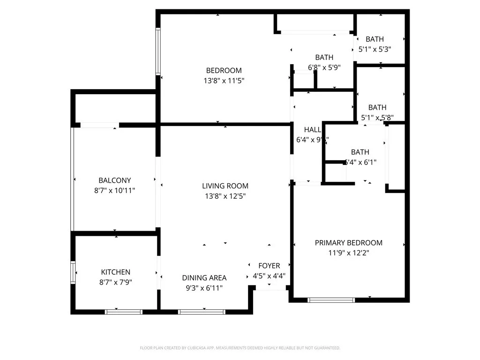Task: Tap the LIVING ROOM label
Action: point(225,186)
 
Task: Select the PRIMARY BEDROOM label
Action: point(348,243)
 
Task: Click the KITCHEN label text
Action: point(116,272)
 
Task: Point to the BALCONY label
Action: point(114,180)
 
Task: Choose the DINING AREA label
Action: point(204,277)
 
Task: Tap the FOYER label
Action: point(269,266)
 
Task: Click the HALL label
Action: point(313,130)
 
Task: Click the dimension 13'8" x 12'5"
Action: point(225,196)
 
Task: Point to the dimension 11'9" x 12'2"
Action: point(348,253)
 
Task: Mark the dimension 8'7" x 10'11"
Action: point(114,190)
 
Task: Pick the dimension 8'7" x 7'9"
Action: point(116,282)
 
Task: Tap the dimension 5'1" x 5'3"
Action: point(375,49)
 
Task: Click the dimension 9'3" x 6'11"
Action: point(204,288)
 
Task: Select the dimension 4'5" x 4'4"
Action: point(269,276)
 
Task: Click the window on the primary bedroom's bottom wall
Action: point(331,300)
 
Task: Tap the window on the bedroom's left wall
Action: point(158,52)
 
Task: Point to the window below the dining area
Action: point(202,311)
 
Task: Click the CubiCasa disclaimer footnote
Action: point(240,348)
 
